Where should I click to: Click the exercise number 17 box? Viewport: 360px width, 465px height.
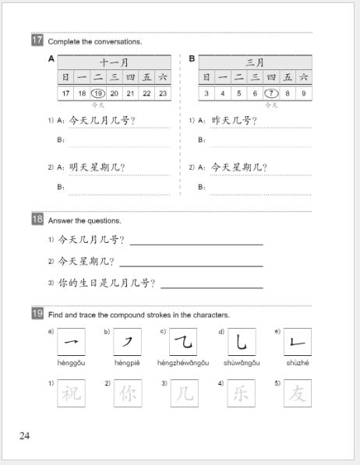tap(37, 41)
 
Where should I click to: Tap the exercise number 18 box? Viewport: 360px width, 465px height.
tap(37, 220)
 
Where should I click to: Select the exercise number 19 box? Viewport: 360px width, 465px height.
tap(37, 315)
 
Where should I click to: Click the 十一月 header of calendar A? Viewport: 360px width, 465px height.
tap(114, 62)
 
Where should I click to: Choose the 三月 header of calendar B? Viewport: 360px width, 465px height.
tap(255, 62)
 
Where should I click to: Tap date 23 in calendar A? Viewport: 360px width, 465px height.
tap(162, 93)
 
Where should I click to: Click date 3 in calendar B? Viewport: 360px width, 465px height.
tap(206, 93)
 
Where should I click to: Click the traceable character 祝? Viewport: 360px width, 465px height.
tap(71, 393)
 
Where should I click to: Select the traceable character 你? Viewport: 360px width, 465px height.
tap(127, 393)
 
